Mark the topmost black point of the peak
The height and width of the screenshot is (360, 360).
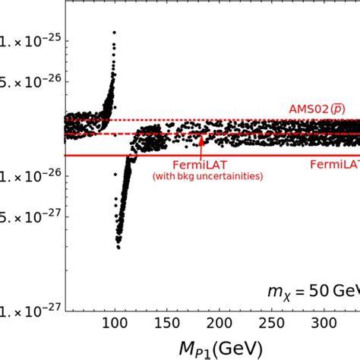(x=115, y=33)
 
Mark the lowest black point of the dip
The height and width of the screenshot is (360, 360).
(x=118, y=247)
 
